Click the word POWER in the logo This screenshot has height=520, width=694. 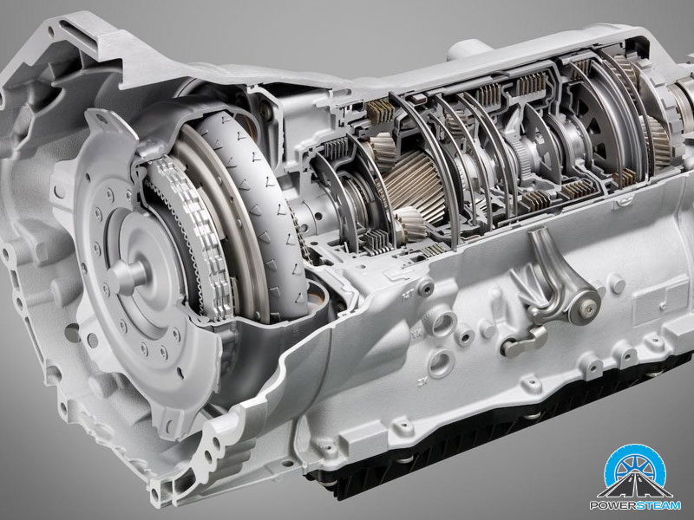pos(612,505)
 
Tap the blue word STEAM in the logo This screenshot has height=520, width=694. pos(658,505)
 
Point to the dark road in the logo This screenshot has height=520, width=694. pos(635,486)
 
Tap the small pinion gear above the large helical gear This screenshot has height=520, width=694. pos(383,148)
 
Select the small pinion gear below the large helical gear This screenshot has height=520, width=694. pos(409,224)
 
